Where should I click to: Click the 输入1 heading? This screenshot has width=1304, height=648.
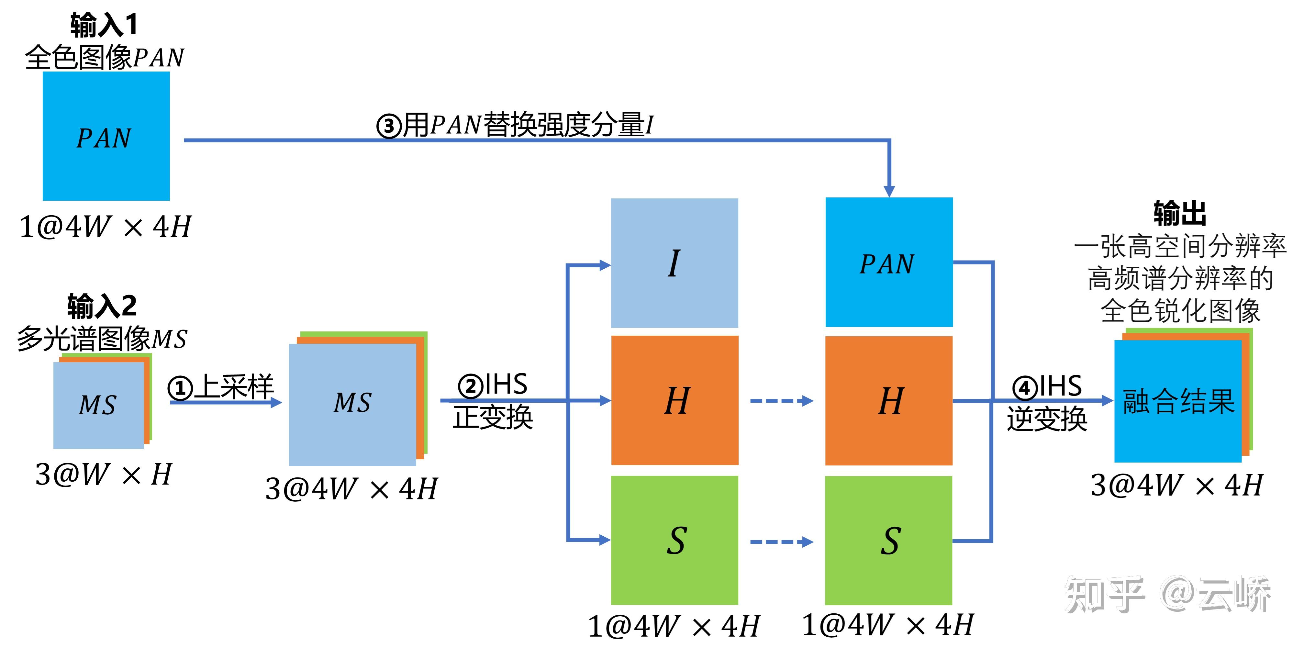(x=104, y=25)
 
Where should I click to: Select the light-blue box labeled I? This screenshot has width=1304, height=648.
(x=674, y=263)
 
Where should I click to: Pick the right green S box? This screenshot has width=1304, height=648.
(x=888, y=540)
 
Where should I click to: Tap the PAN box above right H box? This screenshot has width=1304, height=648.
(x=889, y=262)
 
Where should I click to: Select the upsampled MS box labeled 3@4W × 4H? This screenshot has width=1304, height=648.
(x=353, y=404)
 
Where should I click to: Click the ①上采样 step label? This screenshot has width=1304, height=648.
(x=221, y=387)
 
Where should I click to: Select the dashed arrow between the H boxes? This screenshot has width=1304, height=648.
(x=781, y=401)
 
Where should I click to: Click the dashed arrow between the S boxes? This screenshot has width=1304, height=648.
(x=781, y=542)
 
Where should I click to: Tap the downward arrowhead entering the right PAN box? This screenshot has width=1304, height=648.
(x=889, y=191)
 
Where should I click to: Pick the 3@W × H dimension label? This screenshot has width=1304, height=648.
(x=104, y=475)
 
